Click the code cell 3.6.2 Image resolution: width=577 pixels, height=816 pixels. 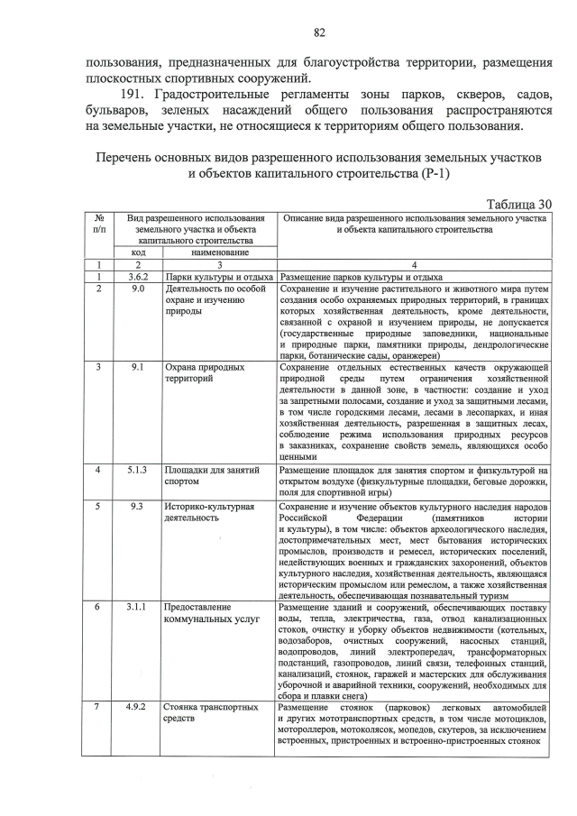(x=137, y=277)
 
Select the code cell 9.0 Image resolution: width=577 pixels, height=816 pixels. (x=137, y=289)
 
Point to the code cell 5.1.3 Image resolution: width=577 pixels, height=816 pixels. (x=137, y=470)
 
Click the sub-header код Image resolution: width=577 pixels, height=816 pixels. (x=137, y=254)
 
